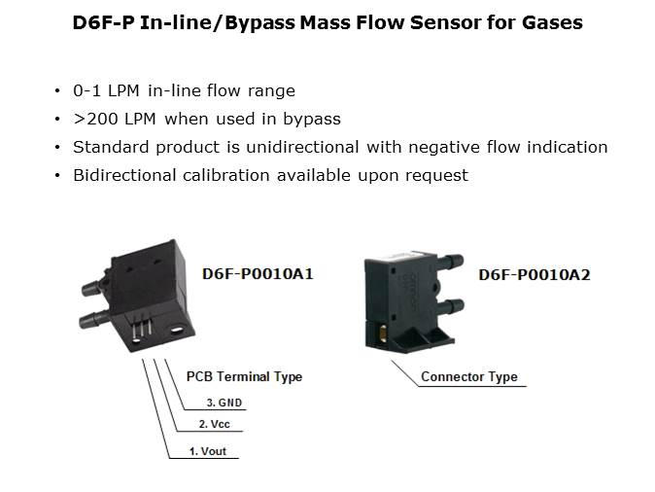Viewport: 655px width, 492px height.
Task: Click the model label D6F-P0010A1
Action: click(258, 274)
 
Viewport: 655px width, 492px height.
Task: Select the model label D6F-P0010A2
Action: click(534, 275)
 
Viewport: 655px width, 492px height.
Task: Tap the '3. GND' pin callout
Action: click(224, 403)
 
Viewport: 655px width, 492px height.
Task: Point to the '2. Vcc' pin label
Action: click(215, 424)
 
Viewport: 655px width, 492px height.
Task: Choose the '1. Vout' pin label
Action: click(208, 451)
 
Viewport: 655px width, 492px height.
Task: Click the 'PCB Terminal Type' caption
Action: click(244, 376)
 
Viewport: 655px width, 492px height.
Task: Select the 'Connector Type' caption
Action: click(469, 376)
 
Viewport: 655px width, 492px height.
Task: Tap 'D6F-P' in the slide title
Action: click(104, 22)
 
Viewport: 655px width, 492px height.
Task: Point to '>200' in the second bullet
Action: click(95, 120)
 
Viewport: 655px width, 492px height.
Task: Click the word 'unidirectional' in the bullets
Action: click(303, 147)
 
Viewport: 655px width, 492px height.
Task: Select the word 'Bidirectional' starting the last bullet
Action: click(124, 175)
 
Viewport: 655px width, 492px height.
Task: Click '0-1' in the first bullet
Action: click(86, 90)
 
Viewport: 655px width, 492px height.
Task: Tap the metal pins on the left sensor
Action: click(141, 328)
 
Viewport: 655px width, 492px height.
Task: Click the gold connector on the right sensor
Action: click(383, 334)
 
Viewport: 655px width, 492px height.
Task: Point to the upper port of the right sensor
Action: click(450, 262)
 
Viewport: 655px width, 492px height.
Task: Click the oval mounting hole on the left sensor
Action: click(177, 331)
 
